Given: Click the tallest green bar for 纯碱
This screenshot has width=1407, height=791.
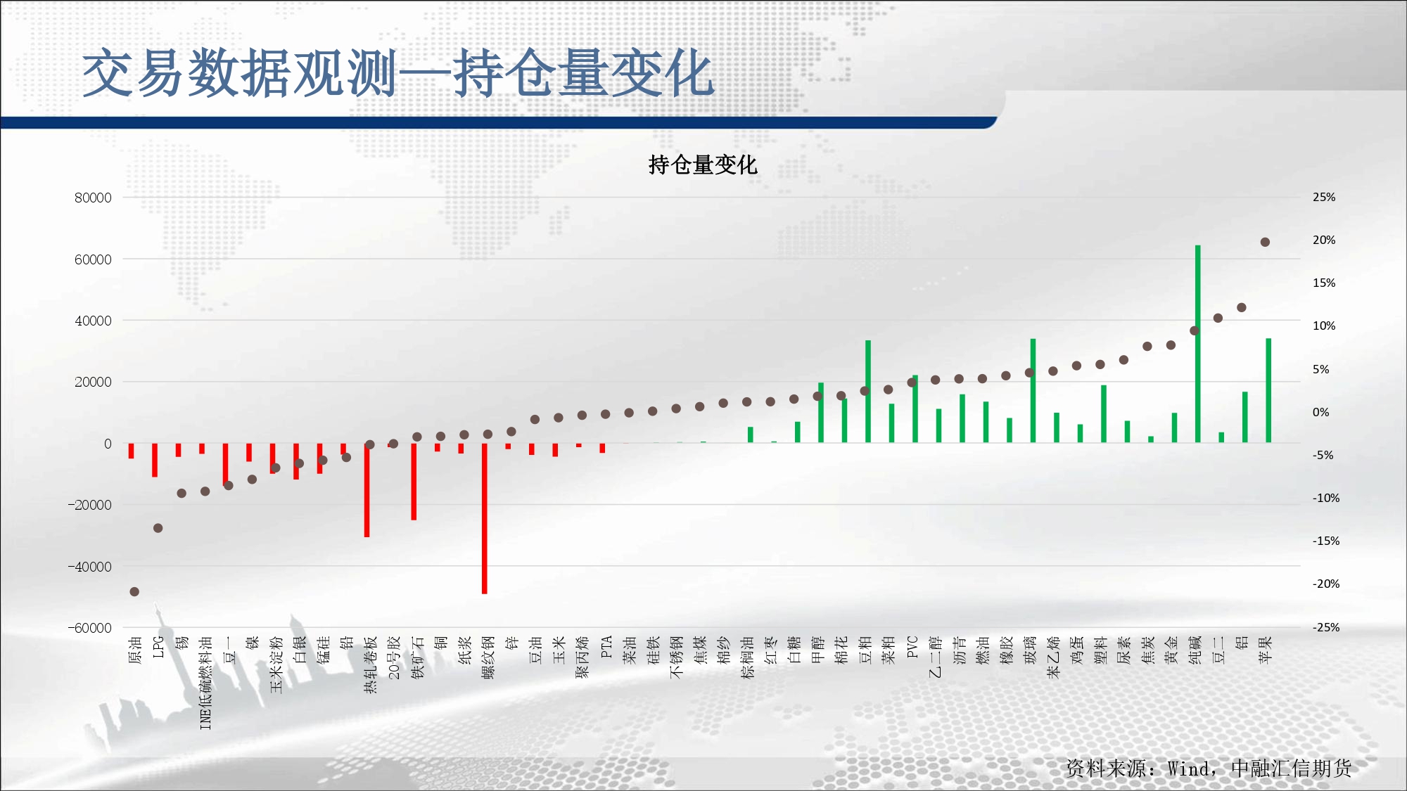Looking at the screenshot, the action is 1197,344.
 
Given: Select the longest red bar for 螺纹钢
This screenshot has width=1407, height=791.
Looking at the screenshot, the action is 484,518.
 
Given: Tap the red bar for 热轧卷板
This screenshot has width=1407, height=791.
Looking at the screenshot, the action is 367,490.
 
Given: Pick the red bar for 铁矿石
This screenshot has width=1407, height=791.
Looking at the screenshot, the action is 414,482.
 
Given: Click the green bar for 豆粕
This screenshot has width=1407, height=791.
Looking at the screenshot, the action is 868,392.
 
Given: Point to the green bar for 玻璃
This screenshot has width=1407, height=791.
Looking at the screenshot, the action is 1033,391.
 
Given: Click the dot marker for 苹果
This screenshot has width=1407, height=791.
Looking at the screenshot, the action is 1265,242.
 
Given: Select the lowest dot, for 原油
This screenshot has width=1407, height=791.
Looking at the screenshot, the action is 134,592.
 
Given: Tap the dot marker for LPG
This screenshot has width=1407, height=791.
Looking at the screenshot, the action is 158,528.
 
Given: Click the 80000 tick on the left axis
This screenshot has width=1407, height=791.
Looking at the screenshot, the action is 93,198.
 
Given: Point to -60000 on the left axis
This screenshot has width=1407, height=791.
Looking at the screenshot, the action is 89,628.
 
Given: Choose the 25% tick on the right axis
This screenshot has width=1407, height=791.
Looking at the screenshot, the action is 1324,198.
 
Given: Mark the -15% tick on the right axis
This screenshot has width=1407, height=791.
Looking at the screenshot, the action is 1325,541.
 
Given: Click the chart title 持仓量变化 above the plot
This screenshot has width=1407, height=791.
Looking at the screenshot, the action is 702,165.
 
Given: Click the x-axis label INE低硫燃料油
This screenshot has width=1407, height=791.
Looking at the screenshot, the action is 205,683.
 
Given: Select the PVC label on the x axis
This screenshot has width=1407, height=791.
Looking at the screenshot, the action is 912,647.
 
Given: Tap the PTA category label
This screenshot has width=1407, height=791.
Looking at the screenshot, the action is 606,647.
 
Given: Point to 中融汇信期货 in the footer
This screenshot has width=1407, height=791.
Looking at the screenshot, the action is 1292,769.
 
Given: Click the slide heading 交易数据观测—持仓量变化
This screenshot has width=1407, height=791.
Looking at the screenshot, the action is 398,73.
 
